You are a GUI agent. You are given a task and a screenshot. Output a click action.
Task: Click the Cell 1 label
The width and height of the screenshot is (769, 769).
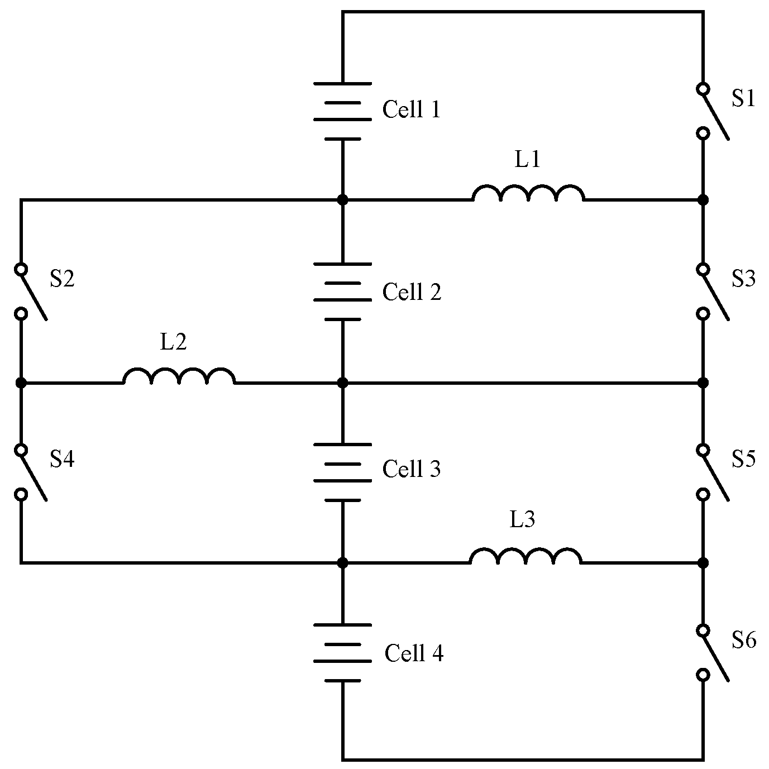tap(411, 109)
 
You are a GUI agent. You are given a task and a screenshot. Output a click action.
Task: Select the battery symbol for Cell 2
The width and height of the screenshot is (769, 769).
tap(342, 292)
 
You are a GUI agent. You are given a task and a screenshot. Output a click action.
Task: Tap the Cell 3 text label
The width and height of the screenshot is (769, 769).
tap(411, 469)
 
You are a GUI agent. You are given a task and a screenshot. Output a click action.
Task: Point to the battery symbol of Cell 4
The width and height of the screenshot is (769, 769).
tap(342, 652)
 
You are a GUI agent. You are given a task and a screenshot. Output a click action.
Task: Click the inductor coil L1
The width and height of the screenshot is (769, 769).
tap(528, 193)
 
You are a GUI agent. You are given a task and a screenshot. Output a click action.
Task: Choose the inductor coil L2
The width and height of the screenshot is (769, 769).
tap(179, 376)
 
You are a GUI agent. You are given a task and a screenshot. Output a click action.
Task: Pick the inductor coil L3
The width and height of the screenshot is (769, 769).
tap(525, 556)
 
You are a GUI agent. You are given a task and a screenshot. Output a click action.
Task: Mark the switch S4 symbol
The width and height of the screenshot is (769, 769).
tap(28, 472)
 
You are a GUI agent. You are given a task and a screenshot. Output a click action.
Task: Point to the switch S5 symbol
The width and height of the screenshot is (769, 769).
tap(709, 472)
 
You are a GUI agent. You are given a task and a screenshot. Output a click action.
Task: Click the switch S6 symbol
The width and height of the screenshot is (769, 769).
tap(709, 653)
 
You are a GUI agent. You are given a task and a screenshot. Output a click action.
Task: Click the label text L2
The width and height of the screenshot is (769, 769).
tap(173, 342)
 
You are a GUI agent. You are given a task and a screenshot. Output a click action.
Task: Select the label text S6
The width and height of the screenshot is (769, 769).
tap(743, 640)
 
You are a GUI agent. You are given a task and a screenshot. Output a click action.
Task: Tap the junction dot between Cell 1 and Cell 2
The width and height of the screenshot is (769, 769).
tap(343, 199)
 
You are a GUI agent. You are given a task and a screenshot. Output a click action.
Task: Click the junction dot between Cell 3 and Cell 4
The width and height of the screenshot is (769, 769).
tap(343, 563)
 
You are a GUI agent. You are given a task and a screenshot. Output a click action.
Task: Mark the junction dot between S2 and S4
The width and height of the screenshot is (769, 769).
tap(21, 383)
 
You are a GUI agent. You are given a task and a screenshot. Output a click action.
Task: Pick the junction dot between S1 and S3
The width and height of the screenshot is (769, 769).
tap(703, 199)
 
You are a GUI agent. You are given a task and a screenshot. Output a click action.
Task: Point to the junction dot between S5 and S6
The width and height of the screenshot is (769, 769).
tap(703, 562)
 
